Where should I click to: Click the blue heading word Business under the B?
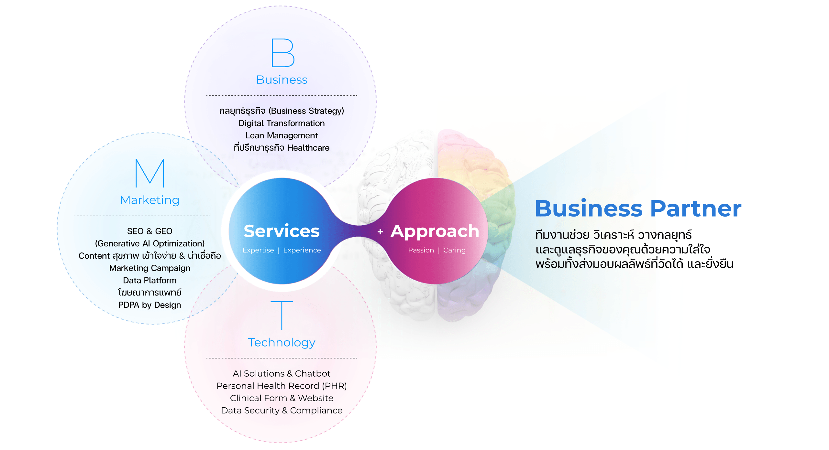[282, 80]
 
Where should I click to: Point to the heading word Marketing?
[149, 200]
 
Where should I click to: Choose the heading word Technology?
[282, 343]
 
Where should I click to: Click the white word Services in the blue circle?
[282, 231]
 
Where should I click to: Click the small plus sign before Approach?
[380, 232]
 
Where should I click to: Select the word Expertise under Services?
[258, 251]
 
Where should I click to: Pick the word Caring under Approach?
[454, 251]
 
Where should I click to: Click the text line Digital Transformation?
[282, 123]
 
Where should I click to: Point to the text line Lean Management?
[282, 136]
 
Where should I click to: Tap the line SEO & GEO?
[149, 231]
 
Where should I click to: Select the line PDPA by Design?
[149, 305]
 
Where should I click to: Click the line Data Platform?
[149, 280]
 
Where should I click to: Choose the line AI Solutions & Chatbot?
[282, 374]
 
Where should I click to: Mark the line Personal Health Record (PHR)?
[282, 386]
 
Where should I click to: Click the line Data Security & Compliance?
[282, 411]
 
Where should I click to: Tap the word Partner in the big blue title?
[696, 209]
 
